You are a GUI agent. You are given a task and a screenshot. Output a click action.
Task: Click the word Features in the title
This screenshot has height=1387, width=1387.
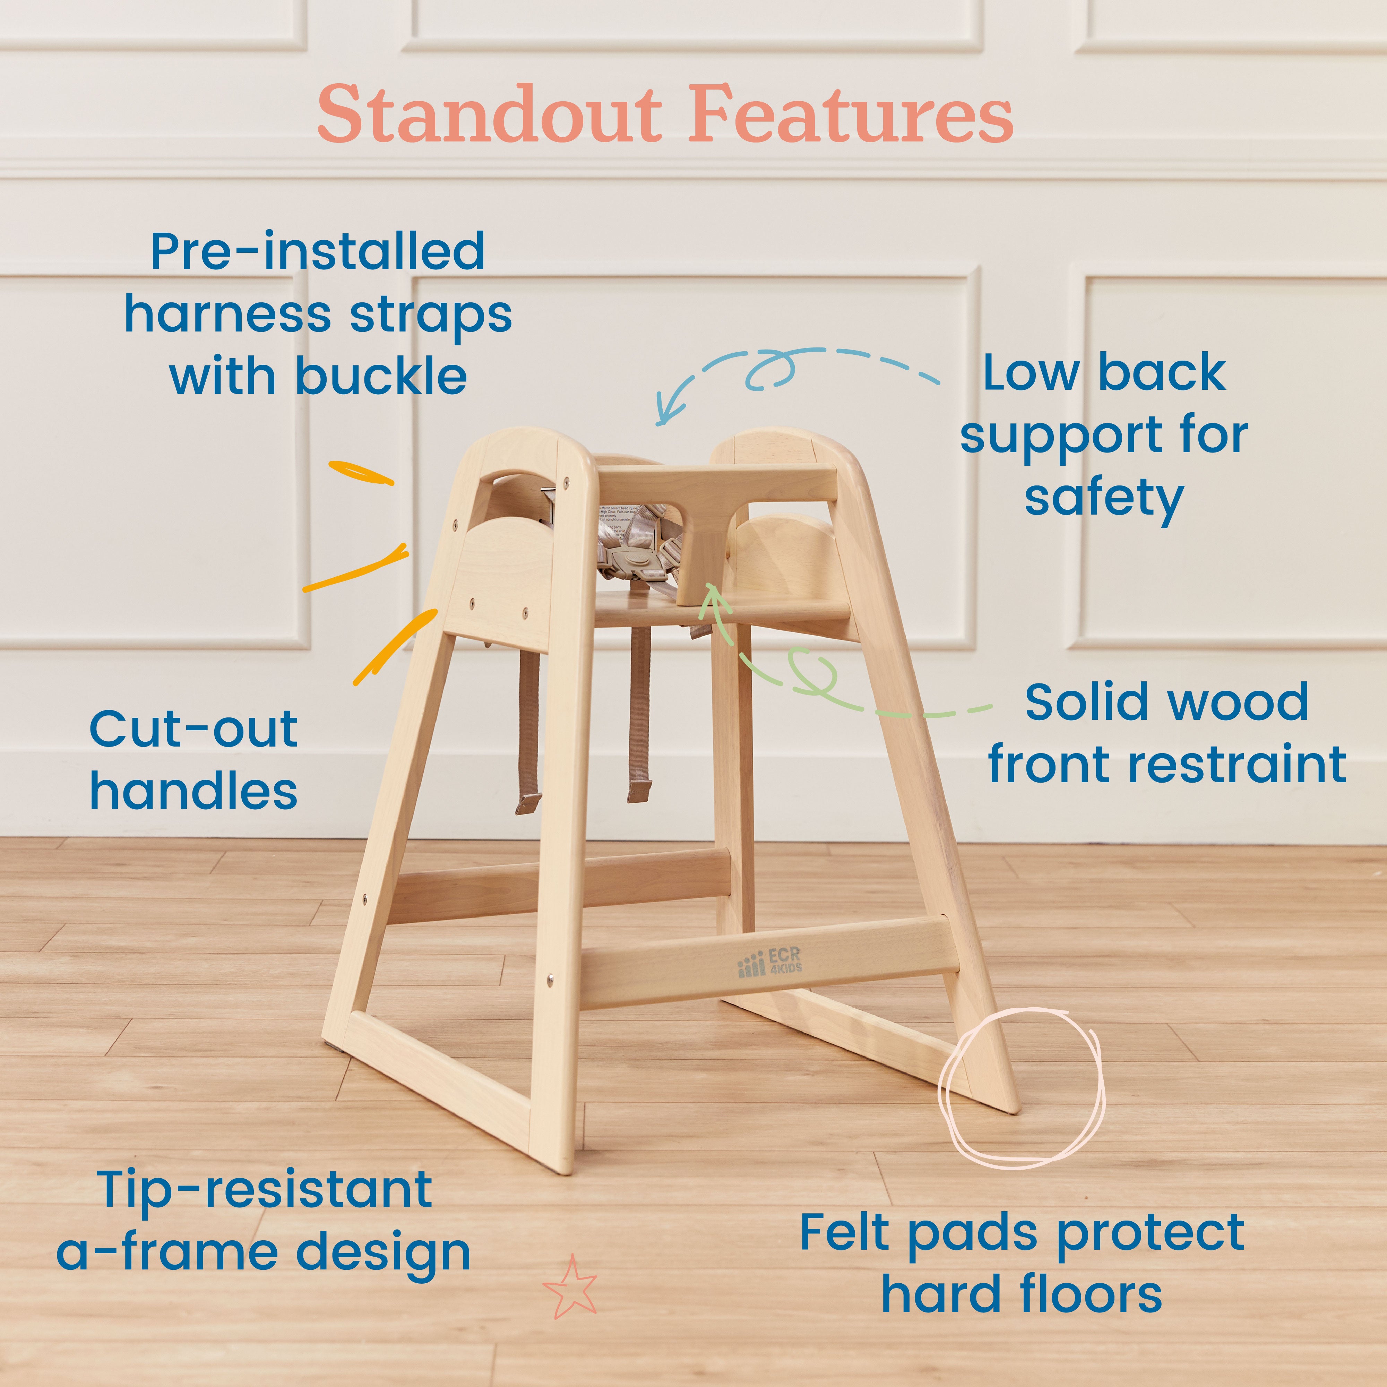click(851, 115)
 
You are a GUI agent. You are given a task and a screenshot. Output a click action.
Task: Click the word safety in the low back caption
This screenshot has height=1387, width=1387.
click(1103, 498)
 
